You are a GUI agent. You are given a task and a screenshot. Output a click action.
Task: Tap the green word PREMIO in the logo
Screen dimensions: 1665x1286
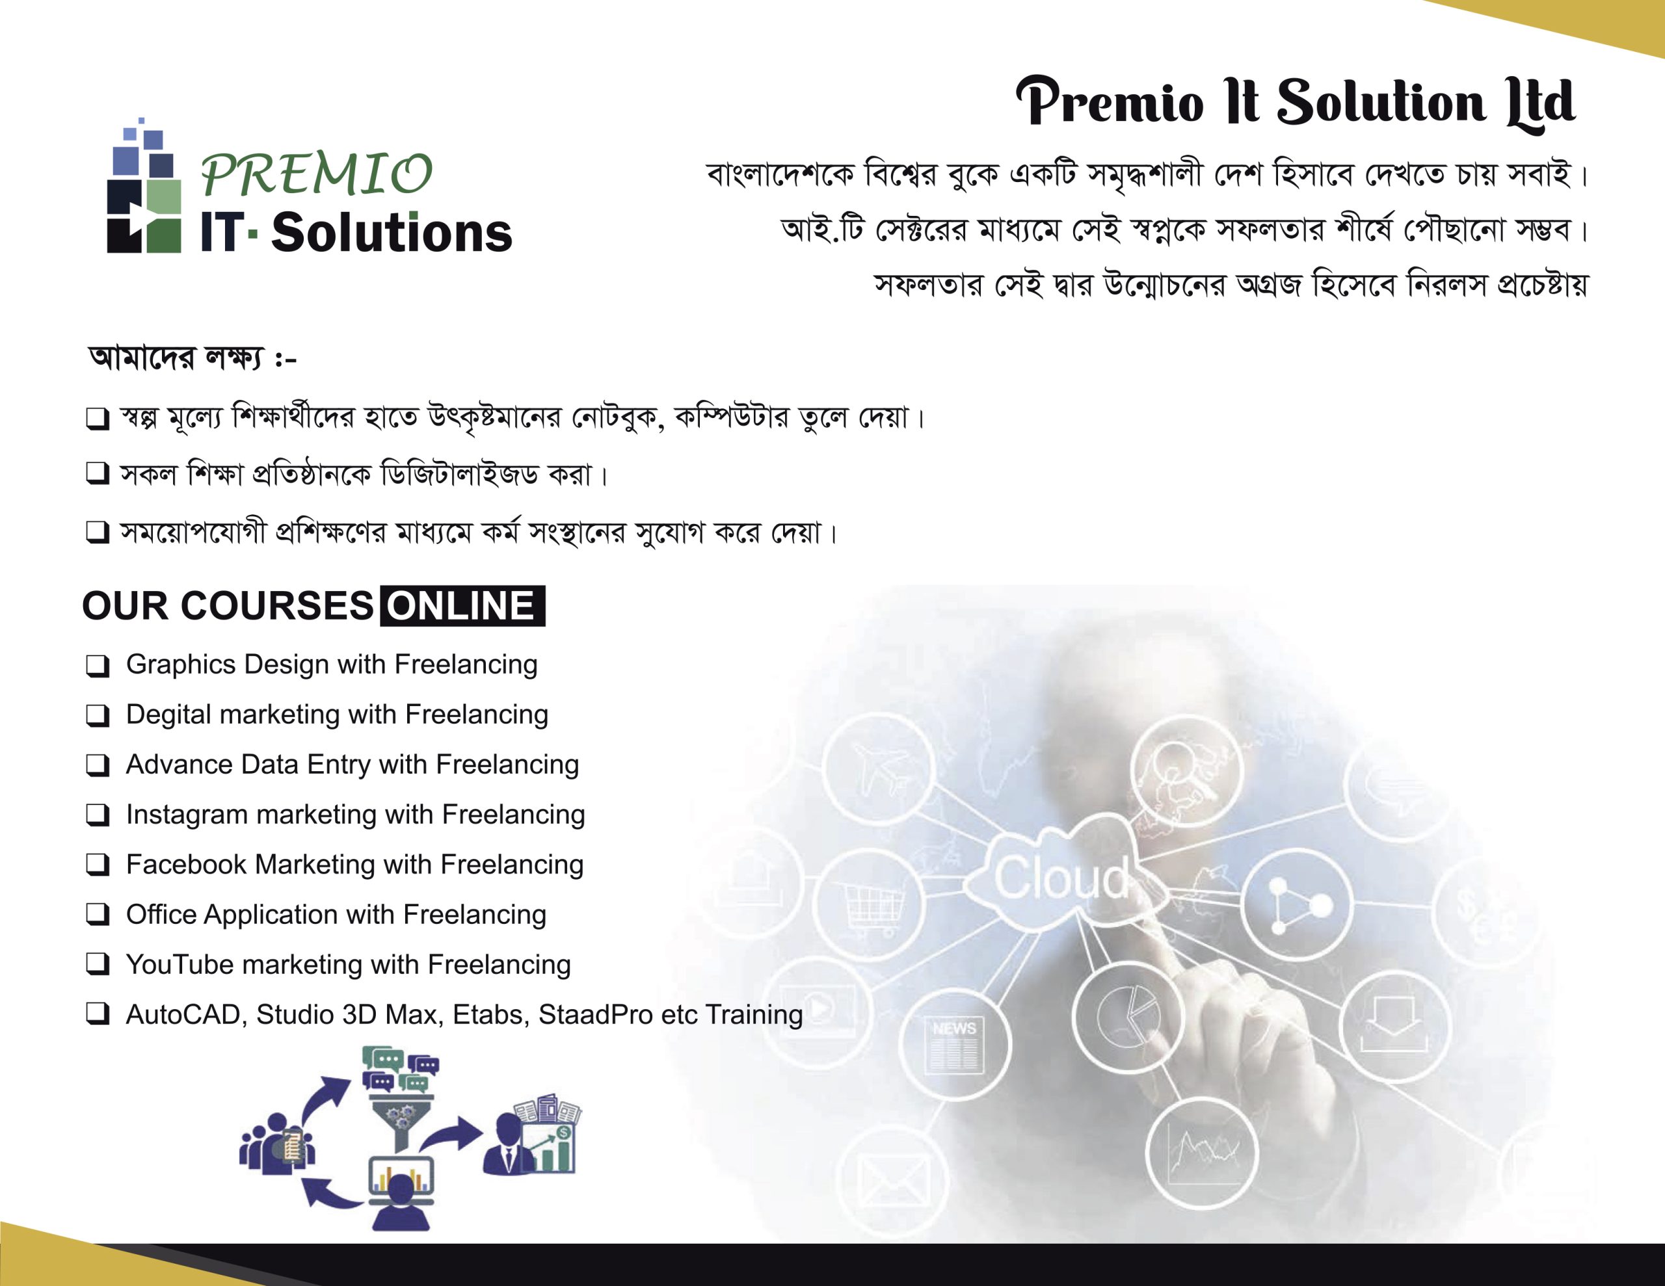click(x=316, y=174)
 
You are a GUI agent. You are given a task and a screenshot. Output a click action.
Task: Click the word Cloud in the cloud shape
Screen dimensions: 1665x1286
click(x=1061, y=878)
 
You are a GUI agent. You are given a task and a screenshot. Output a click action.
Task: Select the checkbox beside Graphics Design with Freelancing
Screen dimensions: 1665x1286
click(x=98, y=666)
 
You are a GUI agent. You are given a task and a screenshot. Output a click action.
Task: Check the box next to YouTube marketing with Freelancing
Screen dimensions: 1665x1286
click(x=98, y=965)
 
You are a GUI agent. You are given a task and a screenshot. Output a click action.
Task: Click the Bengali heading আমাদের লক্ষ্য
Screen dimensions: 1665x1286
click(x=177, y=357)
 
